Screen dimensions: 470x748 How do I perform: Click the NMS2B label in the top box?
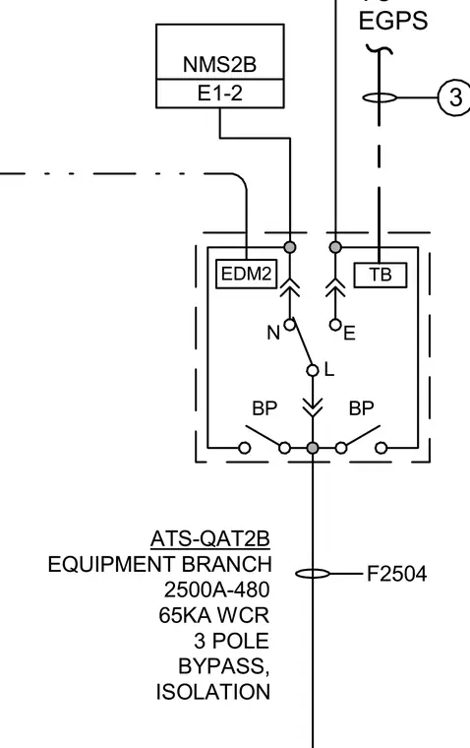tap(219, 64)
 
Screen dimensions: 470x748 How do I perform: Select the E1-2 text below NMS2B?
tap(219, 93)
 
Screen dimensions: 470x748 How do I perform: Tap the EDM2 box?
tap(247, 274)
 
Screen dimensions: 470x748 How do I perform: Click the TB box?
tap(381, 275)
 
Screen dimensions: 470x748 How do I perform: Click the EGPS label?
tap(393, 21)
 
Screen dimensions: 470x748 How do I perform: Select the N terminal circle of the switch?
tap(289, 325)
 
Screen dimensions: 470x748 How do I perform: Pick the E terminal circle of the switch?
tap(335, 325)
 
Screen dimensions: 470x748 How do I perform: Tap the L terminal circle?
tap(313, 370)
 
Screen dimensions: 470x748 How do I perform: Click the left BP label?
tap(264, 408)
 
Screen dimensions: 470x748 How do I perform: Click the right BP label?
tap(361, 408)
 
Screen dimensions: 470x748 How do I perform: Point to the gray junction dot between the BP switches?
tap(313, 448)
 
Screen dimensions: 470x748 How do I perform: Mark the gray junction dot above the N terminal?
tap(290, 247)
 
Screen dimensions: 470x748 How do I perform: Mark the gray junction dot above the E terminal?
tap(335, 247)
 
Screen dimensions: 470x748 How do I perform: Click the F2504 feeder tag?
tap(396, 574)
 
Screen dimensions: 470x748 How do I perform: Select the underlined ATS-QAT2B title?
tap(210, 539)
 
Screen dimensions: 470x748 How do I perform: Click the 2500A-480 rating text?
tap(217, 590)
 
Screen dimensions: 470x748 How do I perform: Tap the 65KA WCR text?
tap(214, 615)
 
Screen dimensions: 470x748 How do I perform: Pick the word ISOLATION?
tap(213, 692)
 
